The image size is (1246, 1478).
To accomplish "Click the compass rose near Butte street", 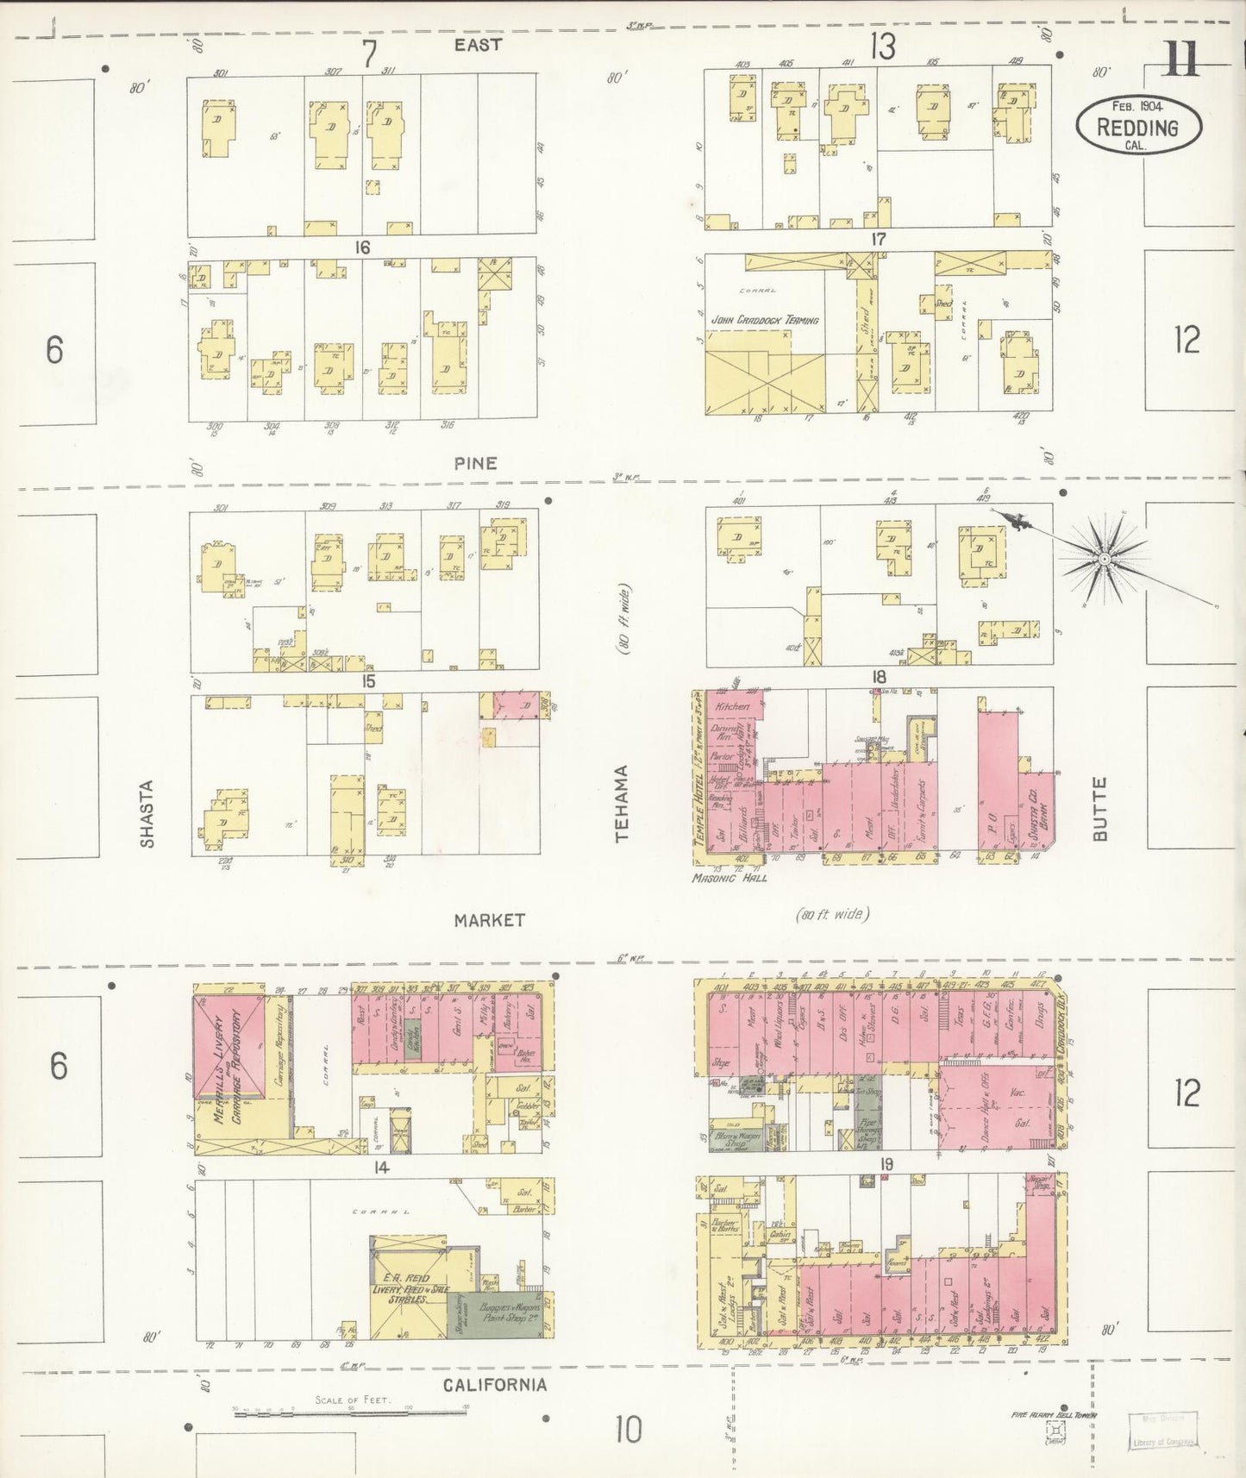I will coord(1104,561).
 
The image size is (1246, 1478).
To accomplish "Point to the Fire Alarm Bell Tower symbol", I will coord(1054,1433).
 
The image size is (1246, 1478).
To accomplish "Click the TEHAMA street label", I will coord(623,804).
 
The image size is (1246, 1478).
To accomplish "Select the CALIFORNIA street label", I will coord(495,1385).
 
